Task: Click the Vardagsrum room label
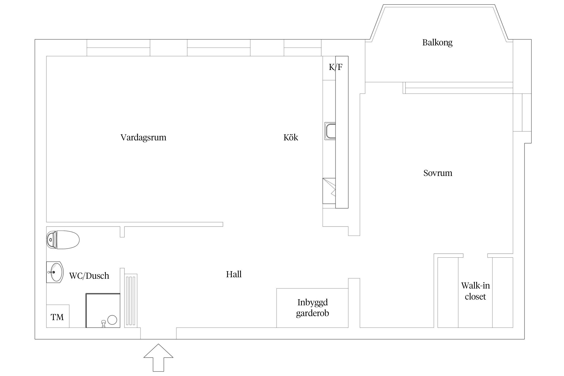coord(143,137)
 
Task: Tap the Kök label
coord(291,137)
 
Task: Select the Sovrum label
coord(438,173)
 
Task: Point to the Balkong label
coord(437,42)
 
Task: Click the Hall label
coord(234,274)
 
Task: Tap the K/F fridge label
coord(335,67)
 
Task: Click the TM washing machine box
coord(58,316)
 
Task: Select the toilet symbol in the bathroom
coord(63,240)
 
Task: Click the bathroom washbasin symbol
coord(55,272)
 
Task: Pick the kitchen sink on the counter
coord(330,131)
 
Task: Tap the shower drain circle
coord(112,320)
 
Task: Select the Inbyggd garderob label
coord(312,308)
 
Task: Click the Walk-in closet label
coord(475,291)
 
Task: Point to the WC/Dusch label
coord(89,276)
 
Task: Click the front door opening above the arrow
coord(158,333)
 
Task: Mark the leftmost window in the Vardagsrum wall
coord(118,48)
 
